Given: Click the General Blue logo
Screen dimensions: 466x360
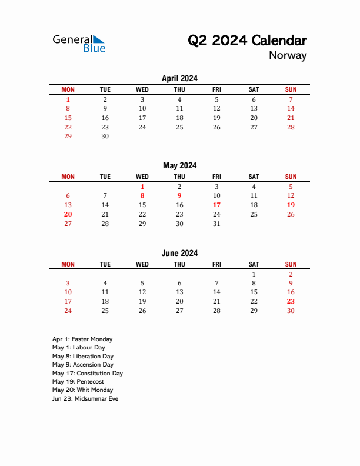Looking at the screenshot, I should tap(79, 43).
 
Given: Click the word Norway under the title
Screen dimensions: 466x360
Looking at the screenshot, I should tap(288, 56).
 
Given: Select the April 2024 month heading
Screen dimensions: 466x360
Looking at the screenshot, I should tap(179, 78).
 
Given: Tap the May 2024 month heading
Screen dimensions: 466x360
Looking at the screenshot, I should tap(179, 165).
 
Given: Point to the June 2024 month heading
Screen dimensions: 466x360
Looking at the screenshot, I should tap(179, 253).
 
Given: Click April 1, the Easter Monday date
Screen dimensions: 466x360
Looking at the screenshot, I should tap(68, 100).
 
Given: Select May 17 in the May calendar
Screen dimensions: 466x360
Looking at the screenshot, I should tap(216, 205).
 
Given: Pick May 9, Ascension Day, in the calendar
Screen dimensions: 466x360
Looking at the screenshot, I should tap(179, 195).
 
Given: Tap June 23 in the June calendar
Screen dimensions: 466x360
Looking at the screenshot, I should tap(291, 301).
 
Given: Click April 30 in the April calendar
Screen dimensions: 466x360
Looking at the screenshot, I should tap(105, 136).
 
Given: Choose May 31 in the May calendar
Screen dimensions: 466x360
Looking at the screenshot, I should tap(216, 224).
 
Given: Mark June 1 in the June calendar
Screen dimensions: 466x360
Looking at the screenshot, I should tap(254, 274).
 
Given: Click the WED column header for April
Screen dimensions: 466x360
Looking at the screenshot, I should tap(142, 89).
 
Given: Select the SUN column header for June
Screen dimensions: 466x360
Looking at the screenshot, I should tap(291, 265).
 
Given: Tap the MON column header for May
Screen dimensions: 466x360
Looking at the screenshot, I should tap(68, 177).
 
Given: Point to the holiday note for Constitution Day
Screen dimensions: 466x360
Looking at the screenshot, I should tap(87, 373).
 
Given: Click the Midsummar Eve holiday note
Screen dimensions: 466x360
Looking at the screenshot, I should tap(85, 398).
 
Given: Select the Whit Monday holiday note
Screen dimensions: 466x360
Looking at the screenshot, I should tap(82, 390).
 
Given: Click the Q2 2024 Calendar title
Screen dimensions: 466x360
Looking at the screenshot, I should tap(247, 41).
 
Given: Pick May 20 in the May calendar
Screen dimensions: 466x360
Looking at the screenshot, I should tap(68, 215).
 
